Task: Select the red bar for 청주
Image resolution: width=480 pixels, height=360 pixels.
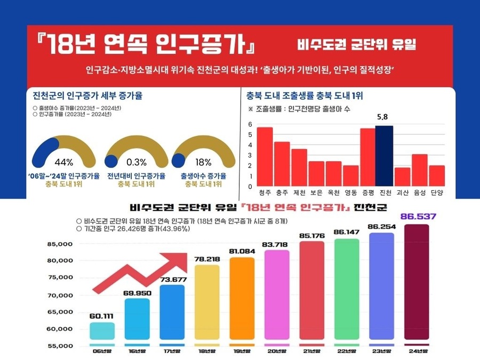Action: pos(265,157)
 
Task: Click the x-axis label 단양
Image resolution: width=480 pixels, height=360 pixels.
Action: pos(437,192)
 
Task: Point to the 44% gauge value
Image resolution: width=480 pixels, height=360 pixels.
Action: pos(63,162)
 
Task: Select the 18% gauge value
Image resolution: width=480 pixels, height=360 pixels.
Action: pos(203,162)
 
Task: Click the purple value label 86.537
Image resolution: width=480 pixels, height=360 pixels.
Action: pos(418,217)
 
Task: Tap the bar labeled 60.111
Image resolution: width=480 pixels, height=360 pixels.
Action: pos(102,331)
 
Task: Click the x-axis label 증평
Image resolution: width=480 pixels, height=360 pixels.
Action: pos(367,192)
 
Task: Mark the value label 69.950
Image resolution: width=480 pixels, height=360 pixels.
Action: pos(137,293)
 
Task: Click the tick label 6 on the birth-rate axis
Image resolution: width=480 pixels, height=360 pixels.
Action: pos(250,124)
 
